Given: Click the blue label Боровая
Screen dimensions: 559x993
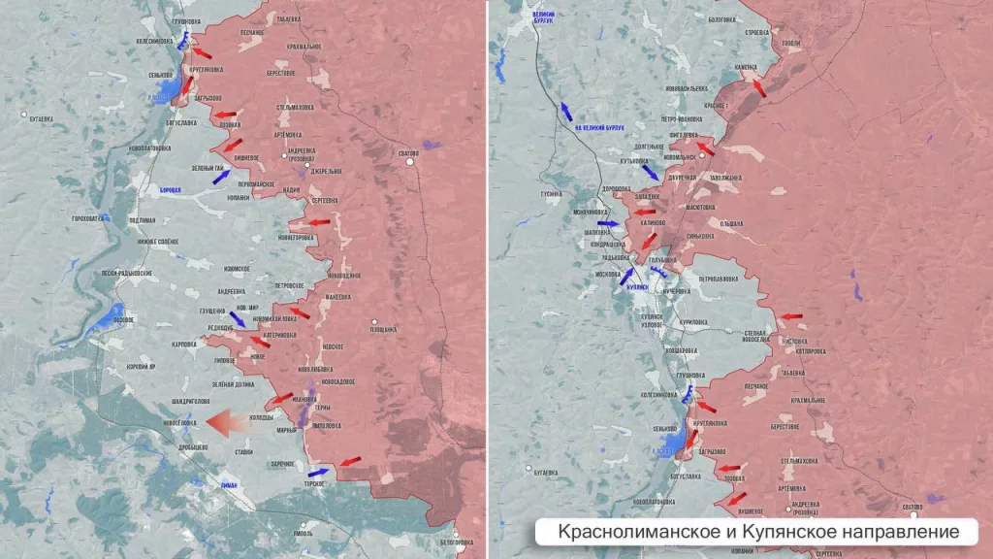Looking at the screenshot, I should click(171, 190).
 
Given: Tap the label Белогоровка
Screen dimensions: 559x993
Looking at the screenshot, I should click(456, 542).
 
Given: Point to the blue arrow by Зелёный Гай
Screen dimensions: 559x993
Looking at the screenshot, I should click(221, 177).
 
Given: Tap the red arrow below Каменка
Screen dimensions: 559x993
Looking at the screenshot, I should click(758, 87).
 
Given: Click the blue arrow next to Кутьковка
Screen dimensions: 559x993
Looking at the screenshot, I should click(651, 171).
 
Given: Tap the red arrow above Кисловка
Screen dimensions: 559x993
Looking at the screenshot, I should click(792, 316).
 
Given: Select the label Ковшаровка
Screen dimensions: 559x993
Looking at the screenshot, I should click(677, 349).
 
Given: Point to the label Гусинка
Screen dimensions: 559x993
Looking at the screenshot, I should click(552, 194).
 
